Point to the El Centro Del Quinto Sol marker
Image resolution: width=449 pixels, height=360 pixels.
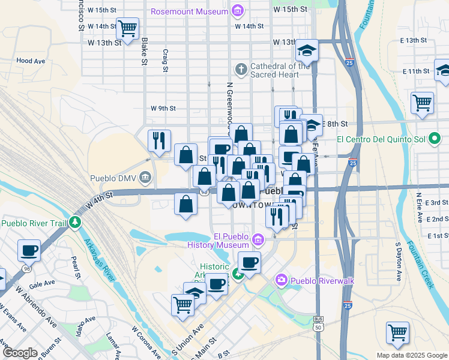pyautogui.click(x=435, y=139)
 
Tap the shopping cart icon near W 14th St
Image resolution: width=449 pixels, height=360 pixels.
pyautogui.click(x=127, y=28)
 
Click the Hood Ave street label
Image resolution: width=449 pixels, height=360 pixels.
pyautogui.click(x=31, y=61)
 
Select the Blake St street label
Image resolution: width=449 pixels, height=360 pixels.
pyautogui.click(x=145, y=52)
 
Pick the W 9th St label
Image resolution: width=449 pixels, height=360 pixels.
pyautogui.click(x=163, y=109)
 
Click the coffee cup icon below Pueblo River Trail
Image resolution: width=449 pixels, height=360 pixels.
pyautogui.click(x=28, y=250)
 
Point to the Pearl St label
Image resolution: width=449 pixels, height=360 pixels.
pyautogui.click(x=75, y=268)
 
